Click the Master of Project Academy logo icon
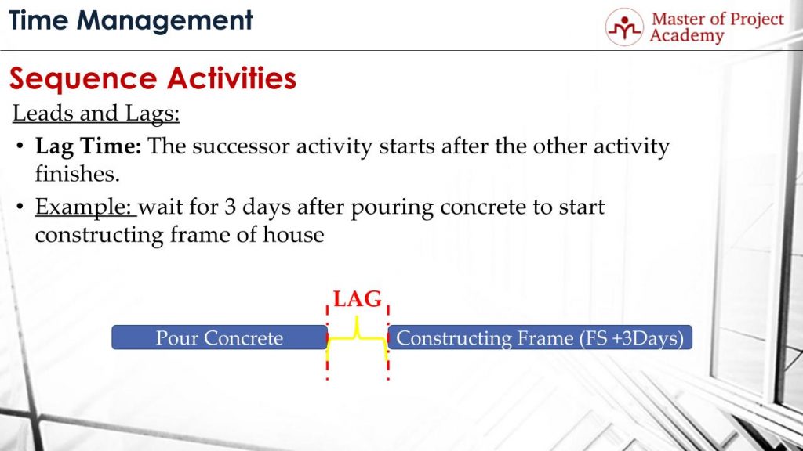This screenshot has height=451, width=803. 624,27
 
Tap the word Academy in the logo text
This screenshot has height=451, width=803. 686,37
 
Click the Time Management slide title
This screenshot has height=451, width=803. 131,20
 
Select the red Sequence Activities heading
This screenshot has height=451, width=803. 152,78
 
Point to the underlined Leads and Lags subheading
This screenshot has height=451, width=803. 96,114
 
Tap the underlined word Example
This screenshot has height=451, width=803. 85,208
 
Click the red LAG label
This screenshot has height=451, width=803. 358,299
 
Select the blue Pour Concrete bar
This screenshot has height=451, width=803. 219,338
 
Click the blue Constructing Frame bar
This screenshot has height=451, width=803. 540,338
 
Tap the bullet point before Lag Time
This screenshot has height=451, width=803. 19,147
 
